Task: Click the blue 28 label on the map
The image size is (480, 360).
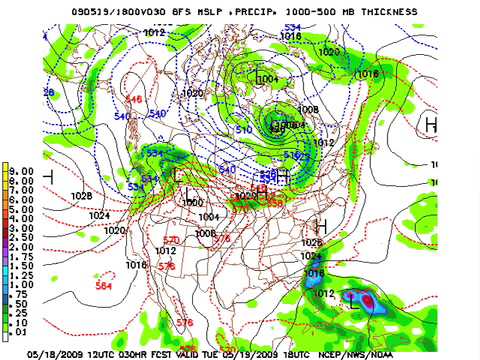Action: [48, 92]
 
